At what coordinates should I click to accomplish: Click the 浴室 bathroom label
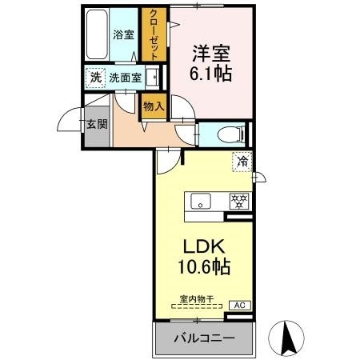(x=123, y=34)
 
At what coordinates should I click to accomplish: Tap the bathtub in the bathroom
(x=97, y=34)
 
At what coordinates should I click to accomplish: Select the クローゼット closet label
(x=154, y=34)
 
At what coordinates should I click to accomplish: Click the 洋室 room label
(x=211, y=54)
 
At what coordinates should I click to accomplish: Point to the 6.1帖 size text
(x=210, y=73)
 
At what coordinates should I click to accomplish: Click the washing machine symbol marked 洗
(x=95, y=78)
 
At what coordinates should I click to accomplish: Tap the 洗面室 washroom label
(x=125, y=78)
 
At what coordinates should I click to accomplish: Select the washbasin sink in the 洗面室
(x=152, y=78)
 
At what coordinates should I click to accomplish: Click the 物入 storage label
(x=154, y=106)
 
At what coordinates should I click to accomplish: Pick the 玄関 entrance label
(x=97, y=124)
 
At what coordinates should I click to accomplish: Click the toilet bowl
(x=230, y=134)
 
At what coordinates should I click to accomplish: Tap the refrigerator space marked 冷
(x=242, y=162)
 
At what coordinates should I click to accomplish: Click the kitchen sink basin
(x=201, y=201)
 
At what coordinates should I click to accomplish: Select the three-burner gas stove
(x=239, y=201)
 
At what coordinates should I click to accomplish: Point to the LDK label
(x=203, y=247)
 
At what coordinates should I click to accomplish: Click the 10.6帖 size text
(x=204, y=267)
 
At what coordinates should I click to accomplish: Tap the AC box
(x=240, y=306)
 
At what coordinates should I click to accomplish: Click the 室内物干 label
(x=197, y=299)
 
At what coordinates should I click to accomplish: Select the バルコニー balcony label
(x=205, y=338)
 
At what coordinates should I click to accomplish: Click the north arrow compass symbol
(x=286, y=338)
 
